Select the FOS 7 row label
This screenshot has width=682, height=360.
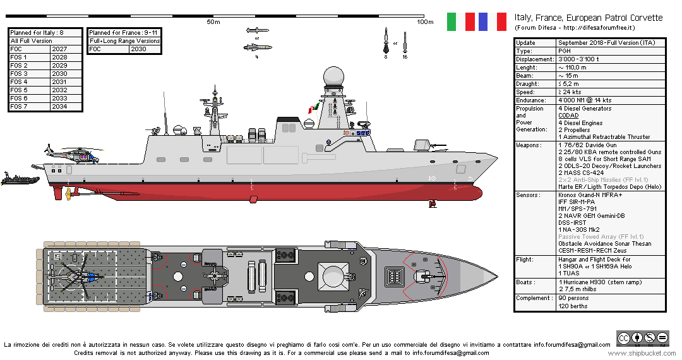click(x=20, y=107)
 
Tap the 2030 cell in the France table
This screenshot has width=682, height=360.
click(x=138, y=49)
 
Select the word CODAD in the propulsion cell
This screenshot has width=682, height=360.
click(x=568, y=116)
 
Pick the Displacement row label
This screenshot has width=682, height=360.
click(x=535, y=59)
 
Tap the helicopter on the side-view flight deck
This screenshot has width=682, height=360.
click(x=71, y=153)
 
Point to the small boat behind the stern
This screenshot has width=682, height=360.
click(x=20, y=179)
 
